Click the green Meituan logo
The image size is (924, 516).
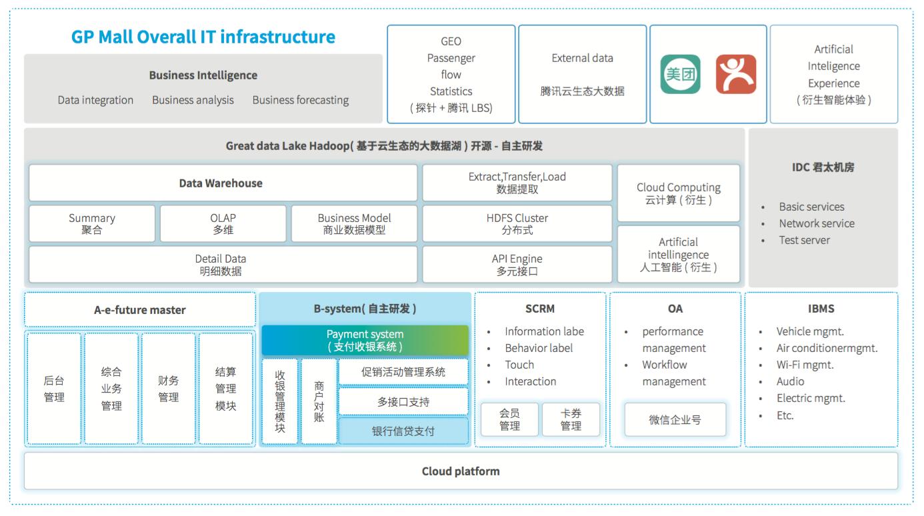point(680,74)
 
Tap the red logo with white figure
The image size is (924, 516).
point(735,74)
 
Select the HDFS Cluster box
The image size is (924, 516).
point(517,224)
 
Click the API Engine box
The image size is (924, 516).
point(517,265)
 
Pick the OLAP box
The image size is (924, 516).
point(223,224)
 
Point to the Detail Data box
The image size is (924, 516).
point(223,265)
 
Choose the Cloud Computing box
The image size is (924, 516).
point(678,193)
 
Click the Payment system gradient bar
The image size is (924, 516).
point(365,340)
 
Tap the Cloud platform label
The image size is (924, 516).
point(460,471)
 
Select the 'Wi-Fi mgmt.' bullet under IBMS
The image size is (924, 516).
point(804,365)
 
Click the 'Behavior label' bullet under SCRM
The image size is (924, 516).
point(538,348)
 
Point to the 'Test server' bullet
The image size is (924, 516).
point(804,240)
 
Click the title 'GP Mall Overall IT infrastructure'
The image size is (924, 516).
point(203,37)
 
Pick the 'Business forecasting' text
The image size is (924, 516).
point(300,100)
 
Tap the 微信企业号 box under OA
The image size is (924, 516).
point(675,420)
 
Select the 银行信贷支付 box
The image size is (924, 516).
point(403,431)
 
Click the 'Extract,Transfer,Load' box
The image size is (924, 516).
point(517,183)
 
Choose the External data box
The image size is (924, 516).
point(582,74)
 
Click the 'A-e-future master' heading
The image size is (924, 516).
point(140,309)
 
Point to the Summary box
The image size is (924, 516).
point(92,224)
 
